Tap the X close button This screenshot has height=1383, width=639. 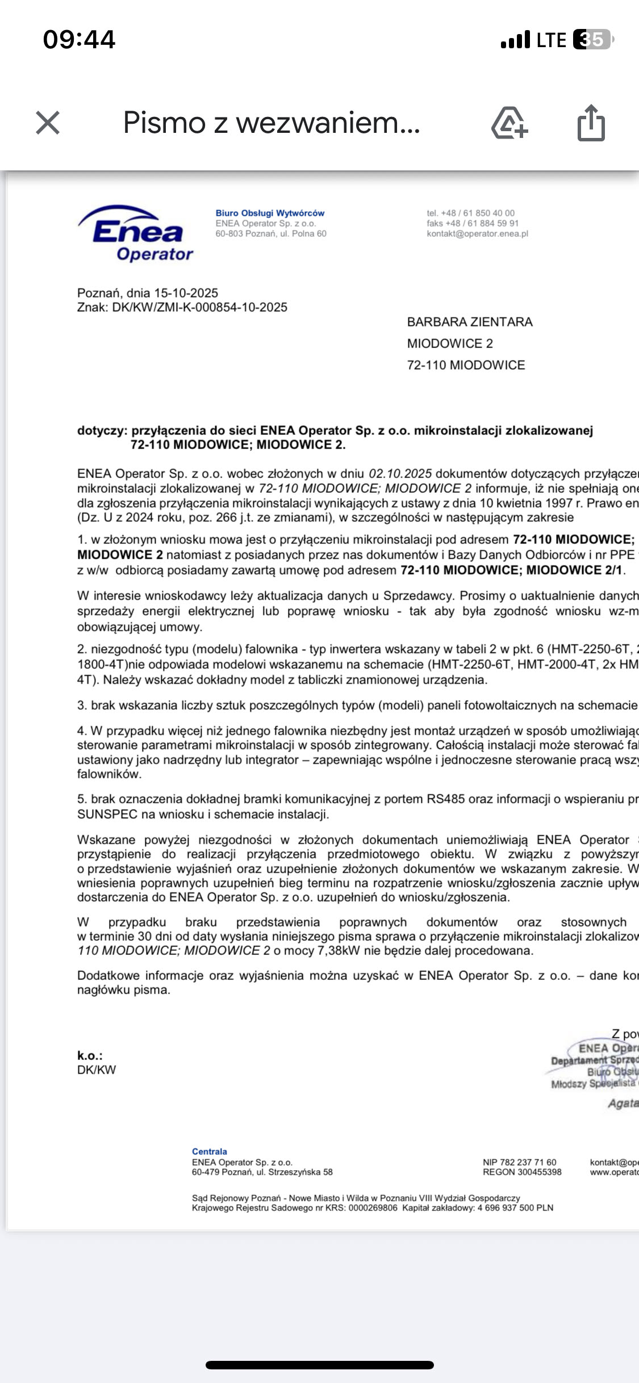48,123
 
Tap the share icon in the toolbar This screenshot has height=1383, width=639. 591,123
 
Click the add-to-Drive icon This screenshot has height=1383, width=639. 509,123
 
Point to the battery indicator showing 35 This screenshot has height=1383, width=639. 592,40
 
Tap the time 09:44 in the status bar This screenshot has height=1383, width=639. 80,40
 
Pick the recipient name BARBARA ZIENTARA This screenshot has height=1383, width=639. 470,322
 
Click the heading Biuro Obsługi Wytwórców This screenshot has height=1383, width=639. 270,213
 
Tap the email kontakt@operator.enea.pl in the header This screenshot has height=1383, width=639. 478,233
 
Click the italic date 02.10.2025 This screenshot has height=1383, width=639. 400,473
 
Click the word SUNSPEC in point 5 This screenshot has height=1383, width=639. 107,814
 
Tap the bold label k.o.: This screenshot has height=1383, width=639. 90,1055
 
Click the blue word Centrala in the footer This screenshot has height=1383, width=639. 210,1151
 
